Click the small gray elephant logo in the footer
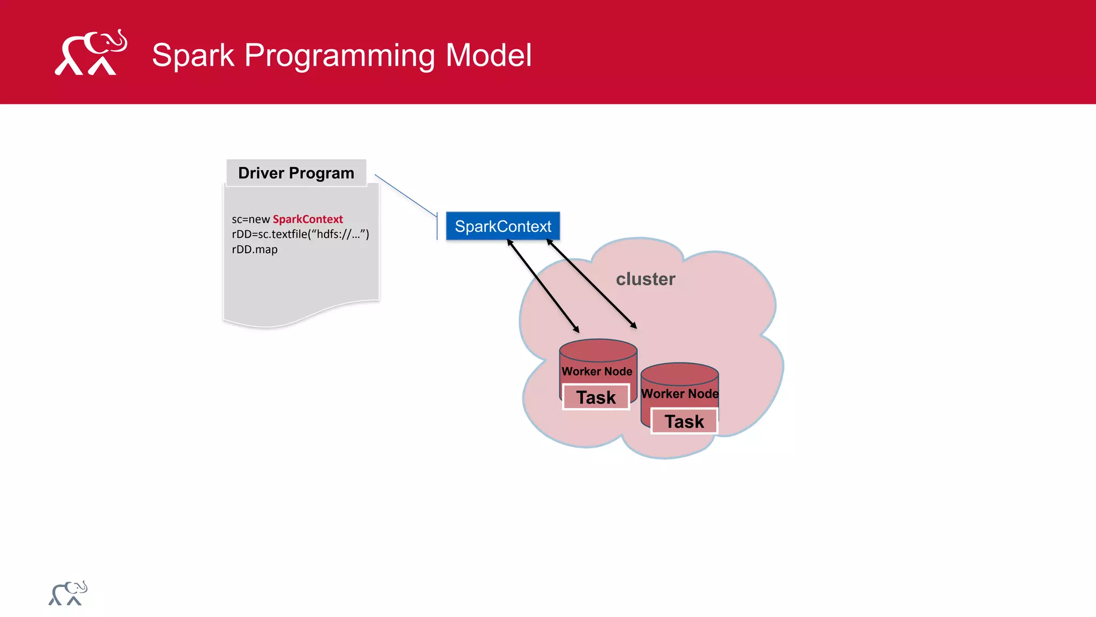click(x=68, y=593)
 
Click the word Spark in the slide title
click(x=193, y=55)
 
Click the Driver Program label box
click(x=296, y=173)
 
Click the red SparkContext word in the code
click(x=308, y=219)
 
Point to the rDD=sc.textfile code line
click(x=300, y=234)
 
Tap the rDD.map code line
click(x=255, y=250)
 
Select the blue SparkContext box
click(x=503, y=226)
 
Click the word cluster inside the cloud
click(x=645, y=279)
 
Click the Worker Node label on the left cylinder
click(x=597, y=371)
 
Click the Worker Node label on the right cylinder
click(x=680, y=394)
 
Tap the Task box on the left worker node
click(x=596, y=397)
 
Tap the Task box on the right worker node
click(x=684, y=422)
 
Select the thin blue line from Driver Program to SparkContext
click(x=405, y=195)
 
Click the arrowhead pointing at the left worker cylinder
click(x=576, y=329)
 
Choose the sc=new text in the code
click(x=250, y=219)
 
